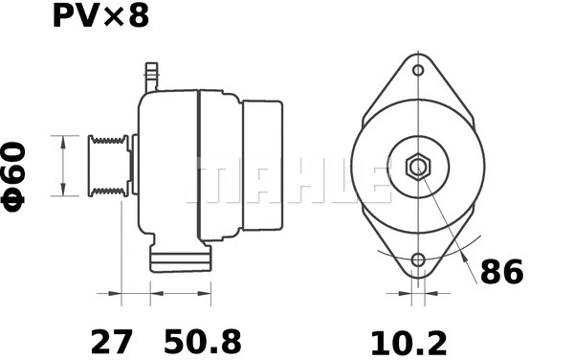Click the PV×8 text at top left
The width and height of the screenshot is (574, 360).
coord(95,17)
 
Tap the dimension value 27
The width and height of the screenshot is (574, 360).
coord(111,340)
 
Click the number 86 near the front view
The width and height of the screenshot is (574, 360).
coord(501,273)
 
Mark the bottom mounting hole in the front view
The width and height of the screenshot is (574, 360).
coord(418,260)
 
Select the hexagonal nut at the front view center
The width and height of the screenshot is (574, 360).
coord(418,167)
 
